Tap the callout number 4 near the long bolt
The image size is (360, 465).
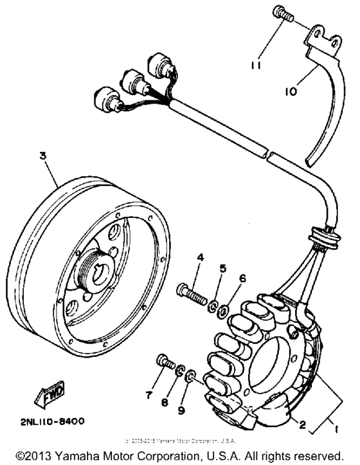pyautogui.click(x=200, y=258)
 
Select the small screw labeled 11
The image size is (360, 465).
pyautogui.click(x=283, y=14)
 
